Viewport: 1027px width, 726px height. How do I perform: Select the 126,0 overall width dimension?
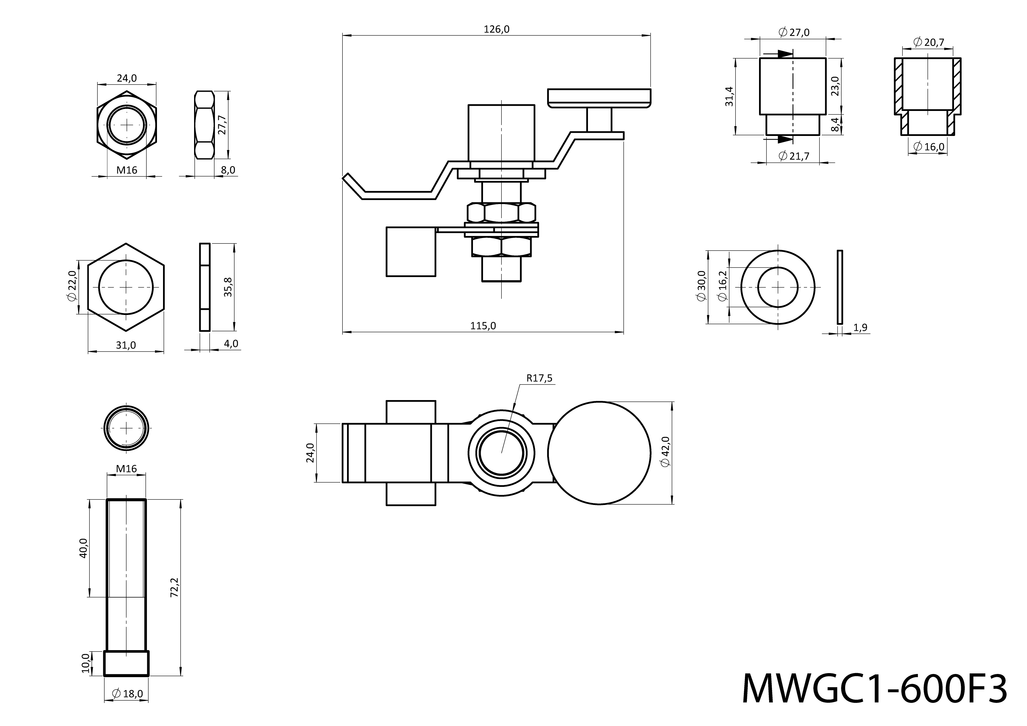coord(497,30)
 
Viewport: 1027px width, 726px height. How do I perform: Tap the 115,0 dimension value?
coord(483,326)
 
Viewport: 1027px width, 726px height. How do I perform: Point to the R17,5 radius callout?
coord(539,378)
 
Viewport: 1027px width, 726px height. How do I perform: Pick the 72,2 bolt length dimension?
coord(175,587)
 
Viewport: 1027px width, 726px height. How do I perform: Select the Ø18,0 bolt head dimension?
coord(127,694)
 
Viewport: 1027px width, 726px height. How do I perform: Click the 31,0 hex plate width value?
coord(126,345)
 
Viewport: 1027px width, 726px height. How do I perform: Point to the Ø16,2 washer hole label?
coord(723,286)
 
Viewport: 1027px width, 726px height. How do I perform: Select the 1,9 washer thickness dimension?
coord(860,328)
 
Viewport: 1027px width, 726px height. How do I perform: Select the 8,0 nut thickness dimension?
coord(228,170)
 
